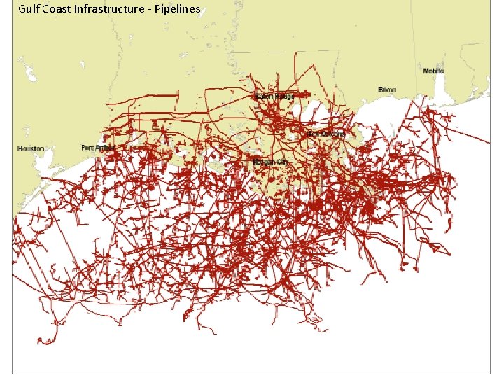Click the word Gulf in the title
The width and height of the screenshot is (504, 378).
coord(29,9)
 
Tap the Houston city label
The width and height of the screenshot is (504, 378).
coord(31,148)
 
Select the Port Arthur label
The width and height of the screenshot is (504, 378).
coord(97,148)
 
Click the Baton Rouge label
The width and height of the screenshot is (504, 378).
coord(274,96)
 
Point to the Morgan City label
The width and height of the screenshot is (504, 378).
coord(271,162)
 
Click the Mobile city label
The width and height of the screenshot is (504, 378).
coord(433,71)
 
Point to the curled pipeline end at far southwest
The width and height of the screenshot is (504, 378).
coord(43,342)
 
